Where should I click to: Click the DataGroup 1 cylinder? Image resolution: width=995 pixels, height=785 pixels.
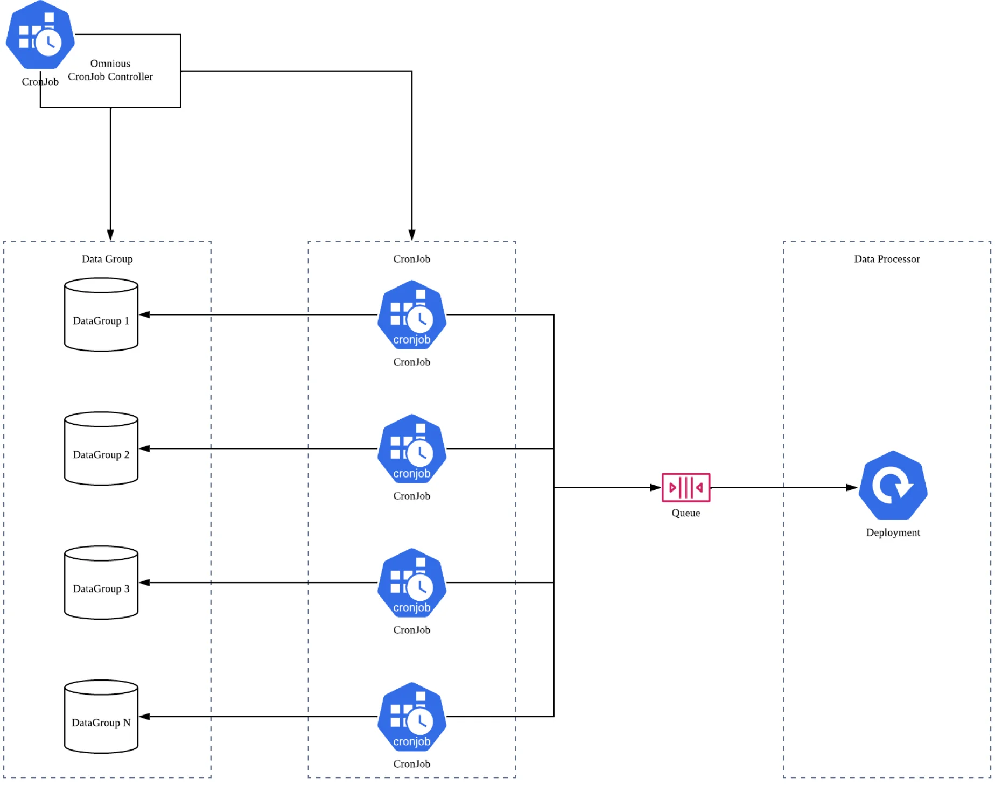pos(101,315)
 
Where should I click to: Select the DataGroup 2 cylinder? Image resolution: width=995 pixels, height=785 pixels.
pos(101,449)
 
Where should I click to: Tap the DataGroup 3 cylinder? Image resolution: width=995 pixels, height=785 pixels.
pos(101,583)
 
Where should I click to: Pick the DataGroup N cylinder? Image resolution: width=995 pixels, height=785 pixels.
pos(101,717)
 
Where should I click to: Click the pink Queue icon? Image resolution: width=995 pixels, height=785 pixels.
pos(685,487)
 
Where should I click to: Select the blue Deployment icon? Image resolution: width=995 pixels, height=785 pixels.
pos(893,485)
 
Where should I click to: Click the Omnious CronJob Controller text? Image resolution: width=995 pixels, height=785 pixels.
pos(110,71)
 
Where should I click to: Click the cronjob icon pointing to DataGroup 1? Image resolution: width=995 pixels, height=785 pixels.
pos(412,315)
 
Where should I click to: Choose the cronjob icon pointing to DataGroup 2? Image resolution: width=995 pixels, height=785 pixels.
pos(412,449)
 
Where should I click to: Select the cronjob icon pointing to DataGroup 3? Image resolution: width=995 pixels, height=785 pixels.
pos(412,583)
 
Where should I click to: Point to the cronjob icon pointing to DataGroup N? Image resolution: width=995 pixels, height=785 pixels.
pos(412,717)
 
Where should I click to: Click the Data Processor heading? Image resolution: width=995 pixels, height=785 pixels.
pos(887,259)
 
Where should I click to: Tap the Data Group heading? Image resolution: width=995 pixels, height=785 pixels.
pos(107,259)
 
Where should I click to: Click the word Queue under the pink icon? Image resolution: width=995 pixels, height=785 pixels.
pos(685,513)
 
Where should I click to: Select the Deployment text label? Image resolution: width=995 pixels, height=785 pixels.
pos(893,532)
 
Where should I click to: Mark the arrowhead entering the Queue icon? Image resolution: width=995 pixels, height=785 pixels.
pos(656,488)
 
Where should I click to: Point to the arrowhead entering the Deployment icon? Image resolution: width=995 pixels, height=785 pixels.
pos(852,488)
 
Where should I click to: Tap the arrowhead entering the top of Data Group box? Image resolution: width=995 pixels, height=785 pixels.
pos(110,235)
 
